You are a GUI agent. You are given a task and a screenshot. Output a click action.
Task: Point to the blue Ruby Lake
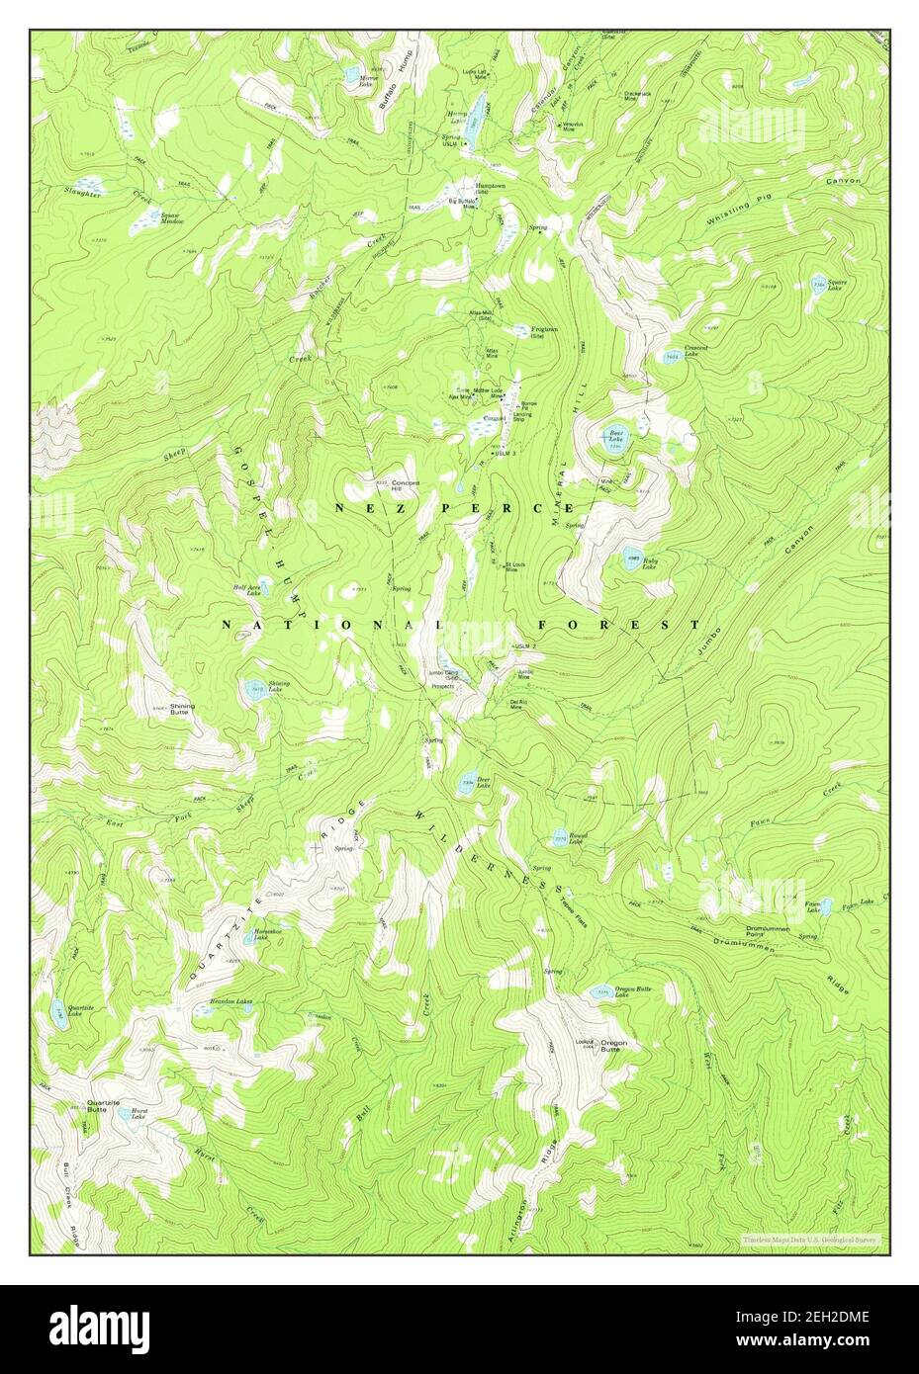(x=630, y=558)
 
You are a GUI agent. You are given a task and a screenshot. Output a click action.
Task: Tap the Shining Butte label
(x=182, y=708)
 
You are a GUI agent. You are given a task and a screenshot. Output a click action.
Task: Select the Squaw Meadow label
(x=173, y=218)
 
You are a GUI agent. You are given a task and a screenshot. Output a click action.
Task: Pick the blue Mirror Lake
(x=351, y=73)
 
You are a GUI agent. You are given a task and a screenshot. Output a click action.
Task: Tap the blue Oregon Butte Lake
(x=599, y=992)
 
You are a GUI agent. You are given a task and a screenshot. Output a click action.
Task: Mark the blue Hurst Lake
(x=127, y=1113)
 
